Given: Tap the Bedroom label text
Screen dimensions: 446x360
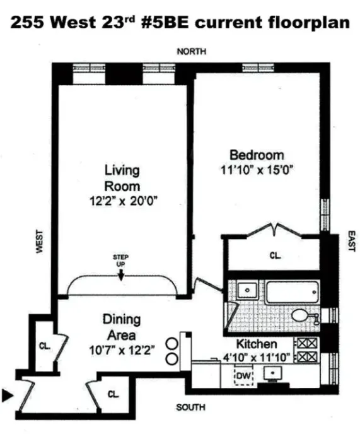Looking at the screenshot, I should point(257,155).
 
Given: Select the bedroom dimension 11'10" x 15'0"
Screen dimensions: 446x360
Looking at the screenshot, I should point(257,169).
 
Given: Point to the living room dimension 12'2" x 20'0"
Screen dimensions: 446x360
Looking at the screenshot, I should point(122,202).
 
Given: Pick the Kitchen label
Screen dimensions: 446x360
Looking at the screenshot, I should point(257,344).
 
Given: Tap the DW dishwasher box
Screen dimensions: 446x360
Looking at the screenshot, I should point(243,376).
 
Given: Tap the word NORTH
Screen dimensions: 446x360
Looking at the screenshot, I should point(191,52).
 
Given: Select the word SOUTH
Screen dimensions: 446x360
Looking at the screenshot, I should point(190,408).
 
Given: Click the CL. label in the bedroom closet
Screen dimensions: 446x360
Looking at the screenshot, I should point(274,256).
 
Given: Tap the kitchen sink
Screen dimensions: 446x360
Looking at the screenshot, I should point(272,374).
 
